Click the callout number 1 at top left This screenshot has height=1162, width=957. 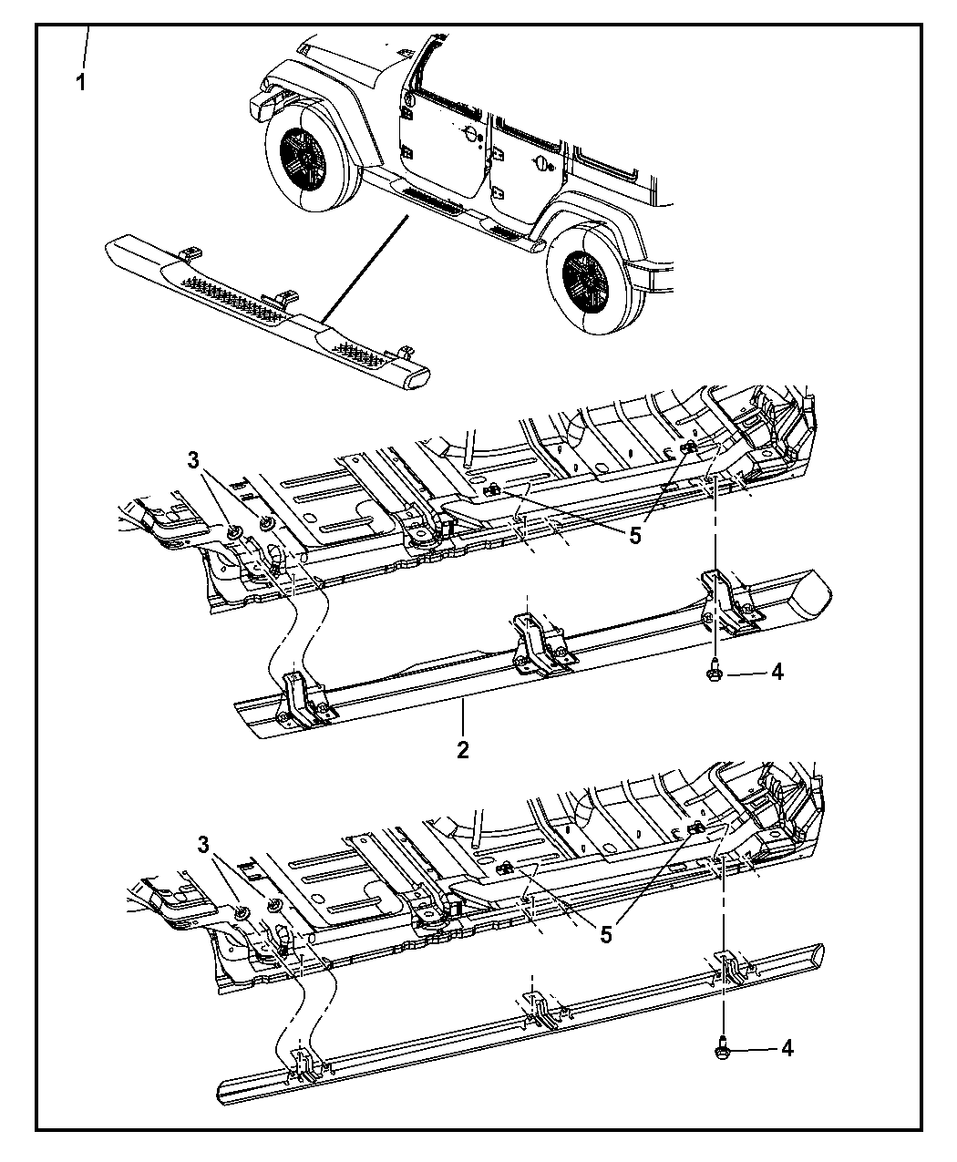[x=81, y=83]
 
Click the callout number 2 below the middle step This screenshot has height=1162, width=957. [x=463, y=750]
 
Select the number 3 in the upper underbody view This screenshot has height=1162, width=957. [x=192, y=460]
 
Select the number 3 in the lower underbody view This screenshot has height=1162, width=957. [x=203, y=845]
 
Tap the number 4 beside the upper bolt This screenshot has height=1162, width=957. [x=777, y=673]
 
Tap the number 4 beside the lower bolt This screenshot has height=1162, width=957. [x=787, y=1048]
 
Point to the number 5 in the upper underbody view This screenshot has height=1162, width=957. [x=635, y=535]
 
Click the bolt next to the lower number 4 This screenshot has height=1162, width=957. [x=722, y=1047]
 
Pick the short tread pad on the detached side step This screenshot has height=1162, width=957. [x=361, y=355]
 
